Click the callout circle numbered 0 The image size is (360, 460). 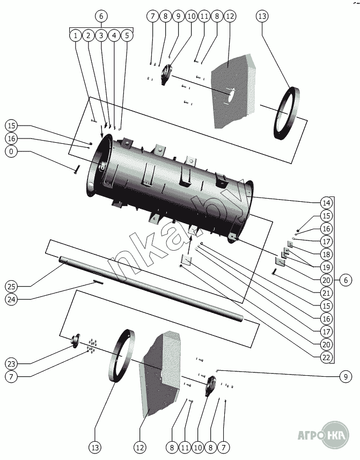tap(11, 151)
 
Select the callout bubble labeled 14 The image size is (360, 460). tap(326, 203)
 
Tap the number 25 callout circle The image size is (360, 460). tap(11, 286)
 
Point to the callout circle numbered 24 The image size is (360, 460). tap(11, 299)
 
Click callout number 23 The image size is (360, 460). tap(11, 364)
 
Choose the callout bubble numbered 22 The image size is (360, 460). tap(326, 357)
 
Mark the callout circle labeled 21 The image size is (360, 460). tap(326, 293)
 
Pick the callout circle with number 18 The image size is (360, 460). tap(326, 254)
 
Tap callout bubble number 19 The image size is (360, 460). tap(326, 267)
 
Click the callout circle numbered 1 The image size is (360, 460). tap(76, 36)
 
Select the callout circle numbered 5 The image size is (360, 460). tap(127, 36)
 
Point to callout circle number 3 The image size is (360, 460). tap(101, 36)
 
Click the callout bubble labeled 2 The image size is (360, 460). tap(88, 36)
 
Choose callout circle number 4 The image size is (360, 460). tap(114, 36)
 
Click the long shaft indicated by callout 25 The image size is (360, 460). tap(151, 289)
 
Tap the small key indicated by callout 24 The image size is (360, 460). tap(98, 282)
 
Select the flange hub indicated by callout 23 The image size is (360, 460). tap(75, 341)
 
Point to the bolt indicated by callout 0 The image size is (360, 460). tap(77, 169)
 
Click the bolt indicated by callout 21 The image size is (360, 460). tap(274, 272)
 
